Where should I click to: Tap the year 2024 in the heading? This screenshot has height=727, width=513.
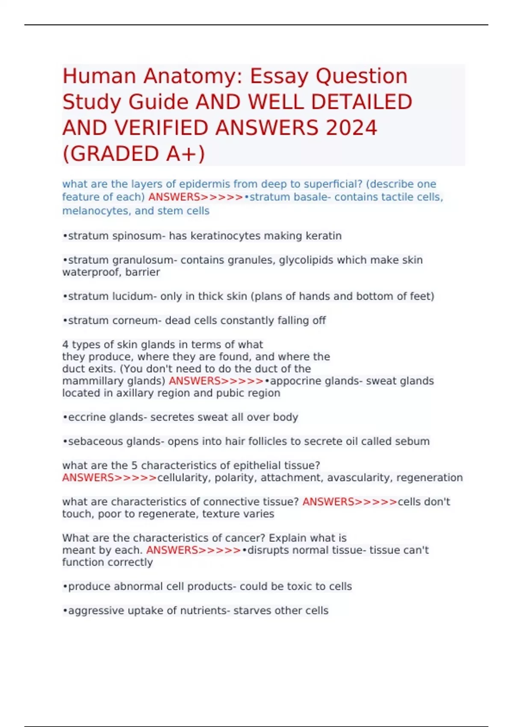click(x=351, y=128)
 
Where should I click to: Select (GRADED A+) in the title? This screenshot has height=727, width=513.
click(x=134, y=154)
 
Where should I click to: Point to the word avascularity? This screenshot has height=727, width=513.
click(x=359, y=478)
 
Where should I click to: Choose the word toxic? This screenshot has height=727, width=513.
click(x=298, y=586)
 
